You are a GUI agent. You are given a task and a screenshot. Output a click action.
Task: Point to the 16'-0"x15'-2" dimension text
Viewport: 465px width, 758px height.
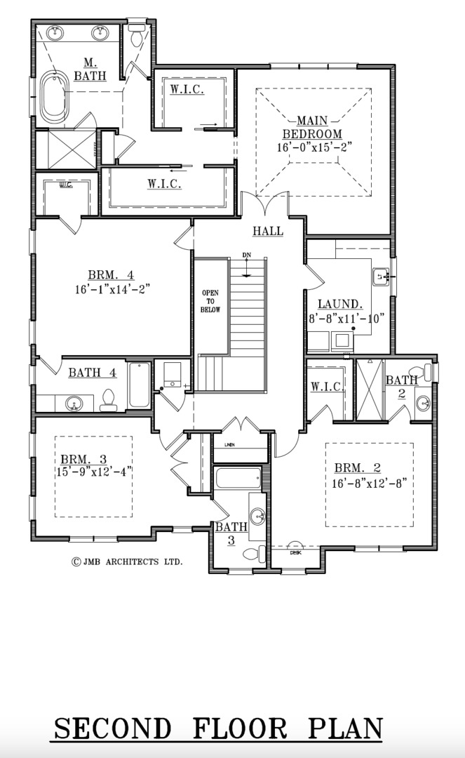pyautogui.click(x=314, y=147)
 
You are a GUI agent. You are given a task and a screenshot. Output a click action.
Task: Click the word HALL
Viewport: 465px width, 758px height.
pyautogui.click(x=268, y=231)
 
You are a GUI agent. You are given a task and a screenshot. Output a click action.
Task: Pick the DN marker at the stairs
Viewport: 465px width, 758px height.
pyautogui.click(x=246, y=255)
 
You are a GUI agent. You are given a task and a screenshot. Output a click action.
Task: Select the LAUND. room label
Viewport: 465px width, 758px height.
pyautogui.click(x=340, y=305)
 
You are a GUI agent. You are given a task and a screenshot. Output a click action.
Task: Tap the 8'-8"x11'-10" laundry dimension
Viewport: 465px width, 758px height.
pyautogui.click(x=348, y=318)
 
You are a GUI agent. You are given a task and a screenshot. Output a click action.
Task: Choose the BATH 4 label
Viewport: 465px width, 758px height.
pyautogui.click(x=92, y=373)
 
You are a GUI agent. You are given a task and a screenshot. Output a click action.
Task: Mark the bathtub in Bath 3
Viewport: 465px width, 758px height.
pyautogui.click(x=238, y=479)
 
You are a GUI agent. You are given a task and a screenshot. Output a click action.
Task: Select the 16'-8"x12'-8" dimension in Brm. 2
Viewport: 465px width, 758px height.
pyautogui.click(x=369, y=483)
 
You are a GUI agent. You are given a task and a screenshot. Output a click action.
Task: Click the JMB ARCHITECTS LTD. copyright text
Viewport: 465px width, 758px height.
pyautogui.click(x=127, y=561)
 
